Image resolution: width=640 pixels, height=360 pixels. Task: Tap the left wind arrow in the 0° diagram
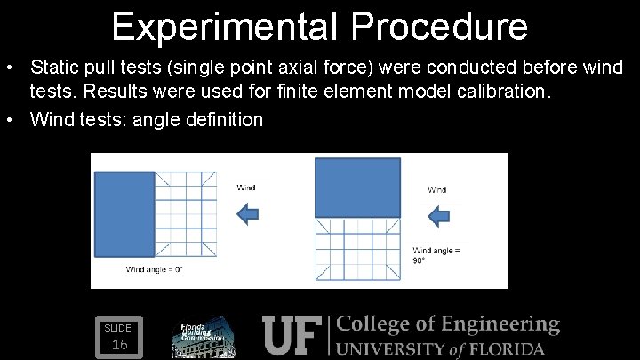249,212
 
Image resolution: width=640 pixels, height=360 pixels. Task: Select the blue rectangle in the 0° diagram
125,214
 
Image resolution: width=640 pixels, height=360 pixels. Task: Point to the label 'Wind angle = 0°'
154,269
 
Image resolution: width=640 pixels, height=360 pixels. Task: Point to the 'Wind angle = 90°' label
436,256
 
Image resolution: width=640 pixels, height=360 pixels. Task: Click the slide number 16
121,344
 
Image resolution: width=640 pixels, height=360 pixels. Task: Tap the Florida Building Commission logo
203,337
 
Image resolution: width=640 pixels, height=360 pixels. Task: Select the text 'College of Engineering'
448,325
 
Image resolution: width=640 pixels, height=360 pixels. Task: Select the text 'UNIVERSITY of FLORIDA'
441,348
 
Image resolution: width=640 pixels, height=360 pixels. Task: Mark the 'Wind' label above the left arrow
246,188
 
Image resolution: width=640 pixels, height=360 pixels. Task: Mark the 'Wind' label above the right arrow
437,189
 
